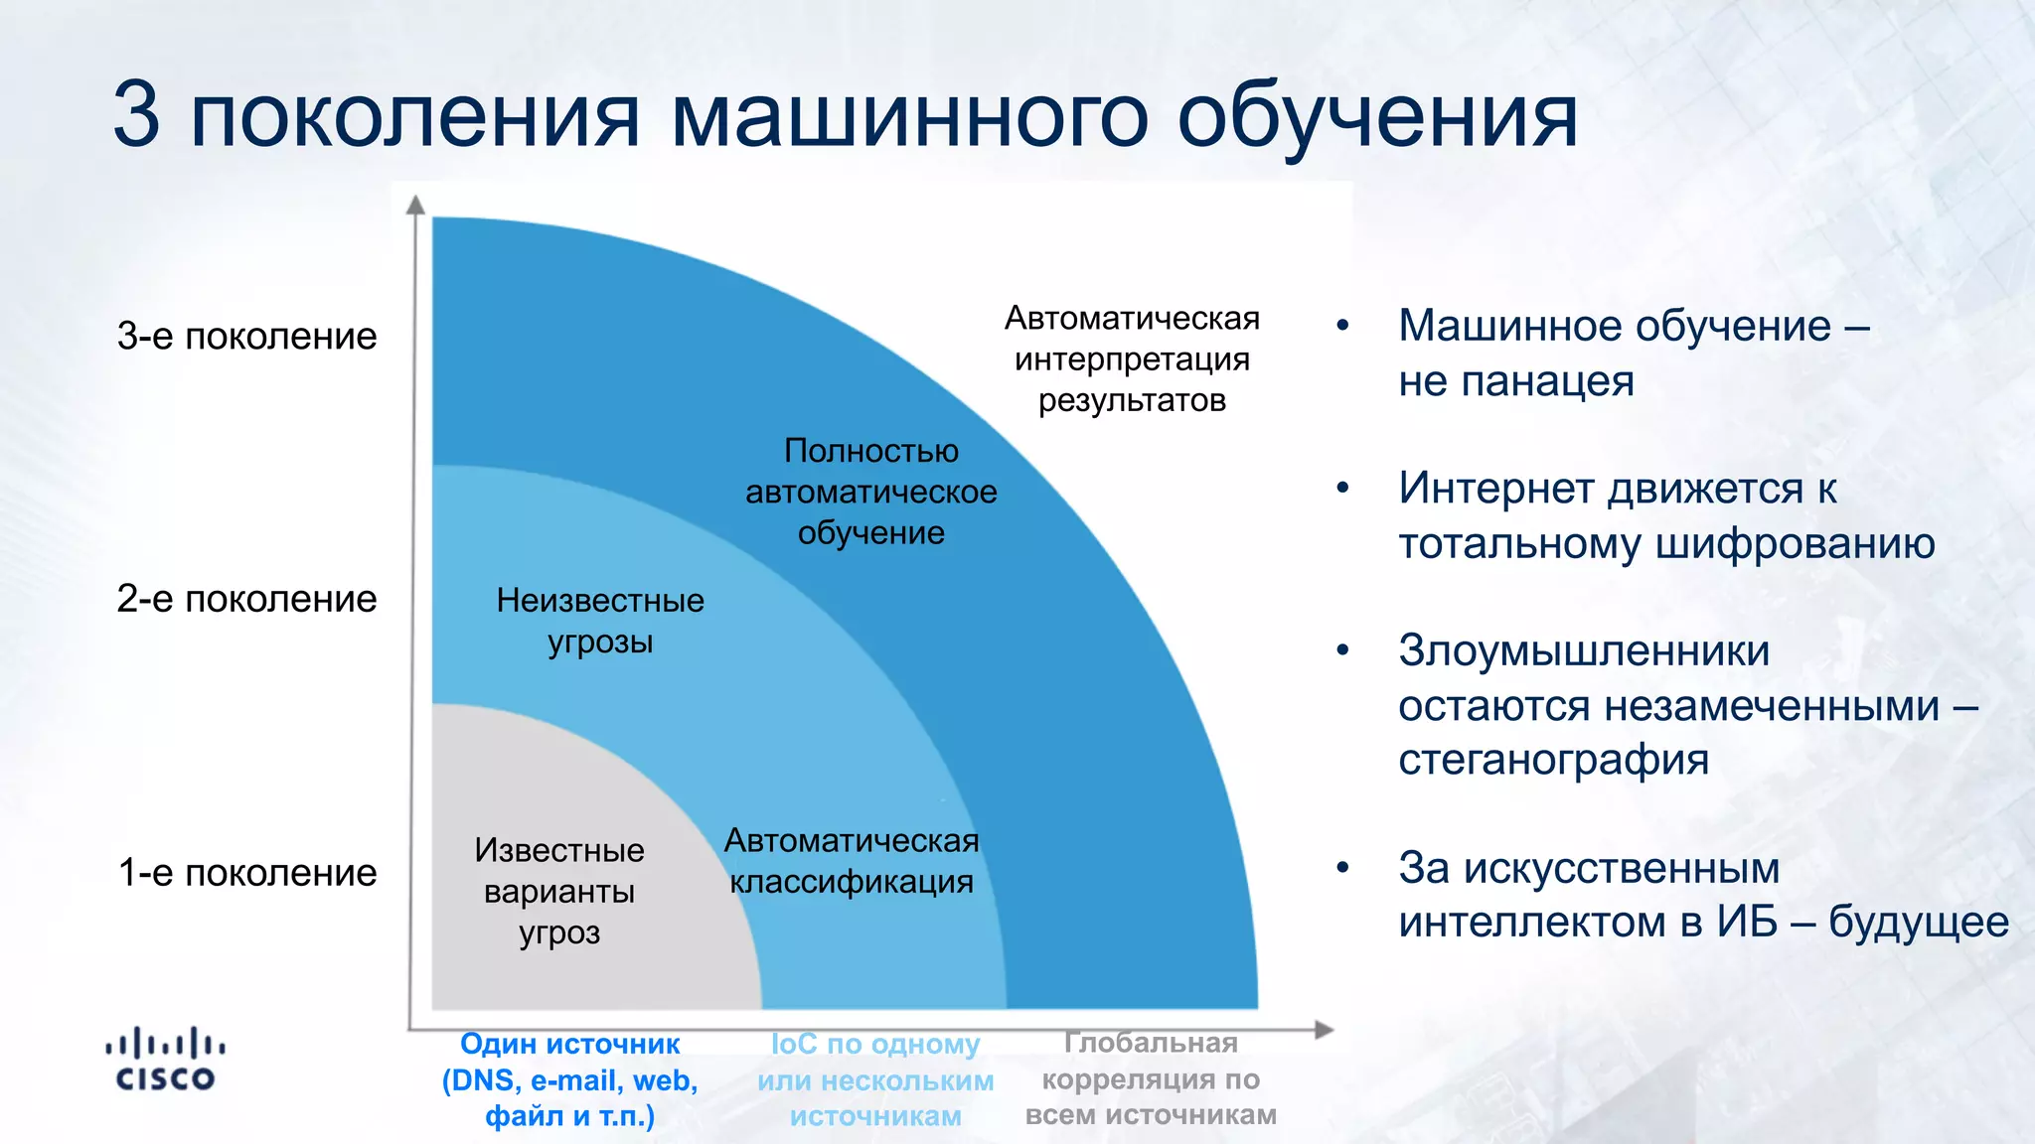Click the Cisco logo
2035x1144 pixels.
[165, 1060]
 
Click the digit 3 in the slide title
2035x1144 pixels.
[137, 115]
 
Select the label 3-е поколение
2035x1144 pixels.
[246, 337]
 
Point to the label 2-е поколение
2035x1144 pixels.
[246, 599]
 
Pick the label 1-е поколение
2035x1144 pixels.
[246, 873]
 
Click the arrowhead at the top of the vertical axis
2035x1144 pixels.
[416, 205]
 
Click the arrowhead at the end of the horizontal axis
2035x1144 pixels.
[1324, 1030]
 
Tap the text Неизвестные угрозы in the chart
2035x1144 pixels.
[600, 621]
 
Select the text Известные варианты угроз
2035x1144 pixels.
[559, 891]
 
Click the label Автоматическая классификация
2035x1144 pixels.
[852, 861]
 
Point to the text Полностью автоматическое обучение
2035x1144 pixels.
[871, 492]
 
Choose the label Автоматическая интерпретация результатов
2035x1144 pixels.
[1132, 358]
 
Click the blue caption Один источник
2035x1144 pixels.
[569, 1044]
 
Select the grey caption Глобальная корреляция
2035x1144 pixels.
[1151, 1061]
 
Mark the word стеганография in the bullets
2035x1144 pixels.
[1553, 760]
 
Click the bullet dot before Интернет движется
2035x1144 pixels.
[1342, 488]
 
